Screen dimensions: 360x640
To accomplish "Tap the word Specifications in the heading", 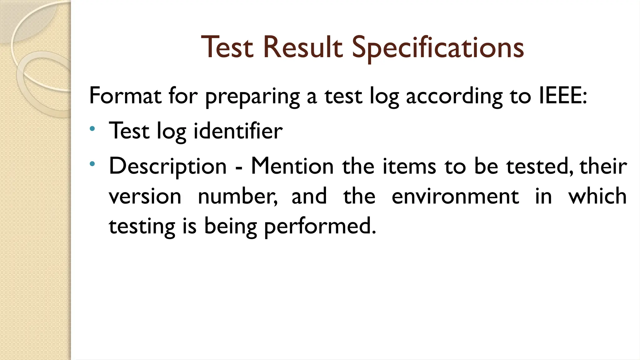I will pos(438,47).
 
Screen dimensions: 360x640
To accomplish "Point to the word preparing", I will pos(252,97).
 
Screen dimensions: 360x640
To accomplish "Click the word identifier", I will pos(238,131).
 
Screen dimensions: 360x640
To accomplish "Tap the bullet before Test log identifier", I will pos(92,128).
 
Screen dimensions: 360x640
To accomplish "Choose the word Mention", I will pos(292,166).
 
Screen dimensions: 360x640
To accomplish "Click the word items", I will pos(409,166).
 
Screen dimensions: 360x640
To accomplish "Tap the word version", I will pos(145,197).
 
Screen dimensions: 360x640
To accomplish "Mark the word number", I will pos(237,197).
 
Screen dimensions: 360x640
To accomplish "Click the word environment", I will pos(455,197).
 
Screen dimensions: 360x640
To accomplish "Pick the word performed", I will pos(320,227).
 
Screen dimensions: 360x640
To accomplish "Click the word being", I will pos(230,227).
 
